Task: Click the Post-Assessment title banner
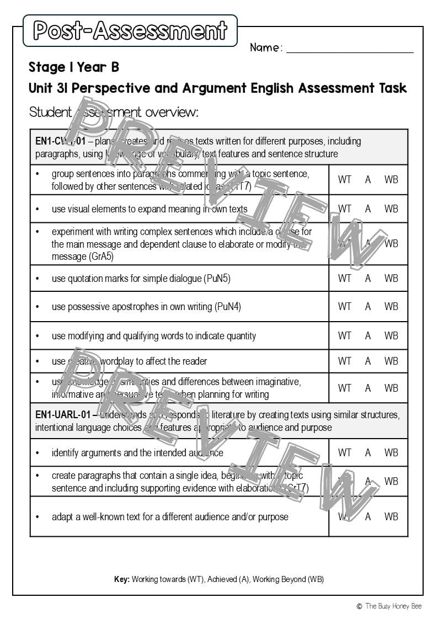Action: (130, 31)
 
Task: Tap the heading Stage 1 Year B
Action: (74, 67)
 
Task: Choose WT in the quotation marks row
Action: (344, 279)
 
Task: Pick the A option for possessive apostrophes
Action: (368, 307)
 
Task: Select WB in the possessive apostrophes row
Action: (391, 307)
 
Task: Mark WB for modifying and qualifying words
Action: (391, 335)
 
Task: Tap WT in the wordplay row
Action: (344, 361)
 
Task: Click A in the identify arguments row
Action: (368, 453)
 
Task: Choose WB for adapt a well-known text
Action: (391, 517)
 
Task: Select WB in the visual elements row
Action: (391, 209)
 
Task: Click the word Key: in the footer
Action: (121, 579)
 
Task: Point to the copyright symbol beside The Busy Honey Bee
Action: (359, 606)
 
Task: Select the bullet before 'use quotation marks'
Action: (38, 279)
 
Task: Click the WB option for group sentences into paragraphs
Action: (391, 180)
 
